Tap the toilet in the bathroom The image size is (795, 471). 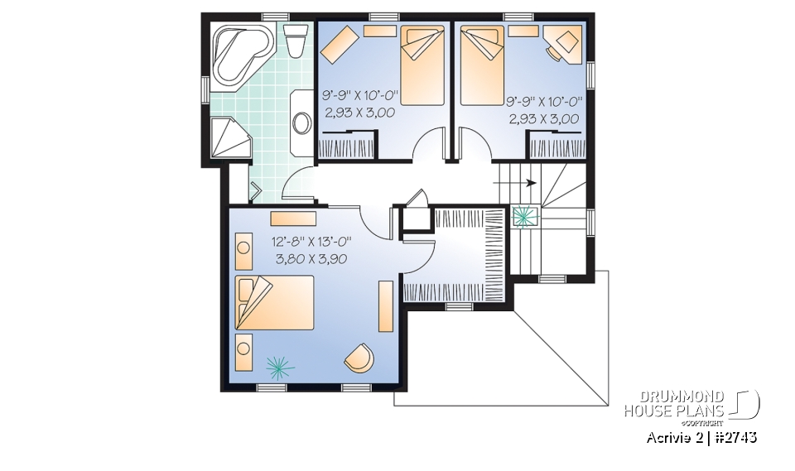click(293, 41)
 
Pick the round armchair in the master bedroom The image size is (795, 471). click(359, 358)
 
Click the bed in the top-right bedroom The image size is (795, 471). click(481, 65)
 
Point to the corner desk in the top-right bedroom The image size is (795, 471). click(565, 43)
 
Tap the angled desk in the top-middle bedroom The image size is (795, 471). click(340, 45)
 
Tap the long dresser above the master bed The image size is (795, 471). click(293, 218)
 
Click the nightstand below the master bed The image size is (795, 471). click(244, 353)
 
